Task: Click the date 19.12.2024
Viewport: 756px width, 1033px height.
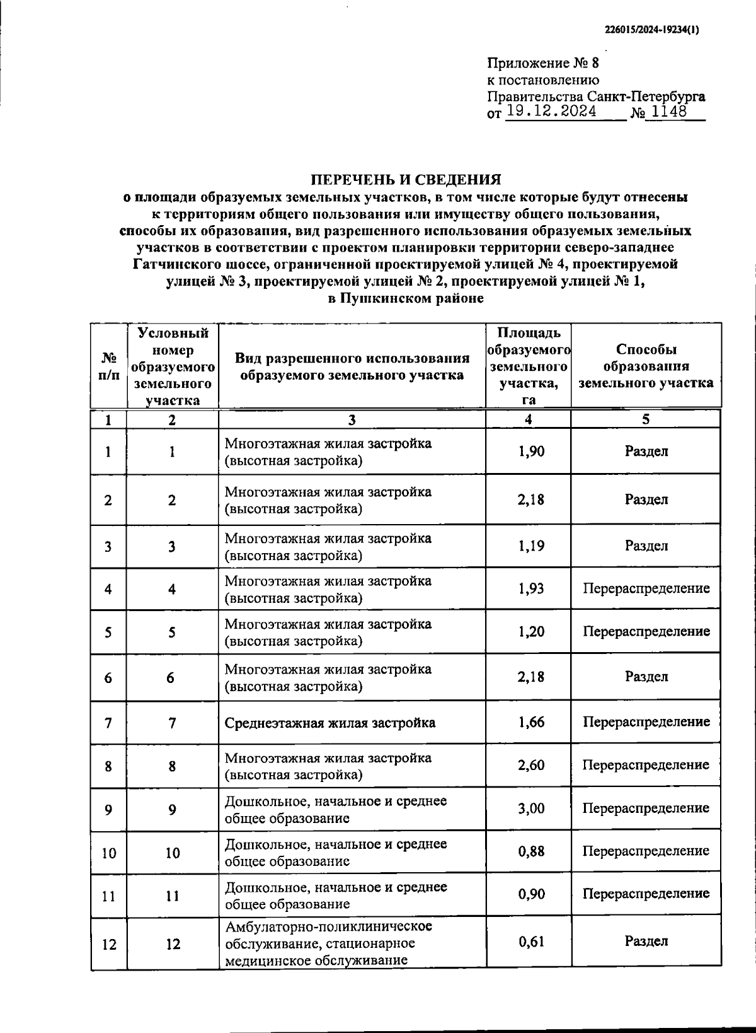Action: (x=551, y=113)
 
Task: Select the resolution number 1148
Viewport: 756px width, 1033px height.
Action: (x=668, y=113)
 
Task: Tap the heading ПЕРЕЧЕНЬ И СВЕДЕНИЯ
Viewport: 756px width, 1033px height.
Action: (x=407, y=180)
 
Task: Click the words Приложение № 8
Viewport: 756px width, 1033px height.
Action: (x=544, y=63)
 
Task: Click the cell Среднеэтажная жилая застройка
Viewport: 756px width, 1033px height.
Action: (x=329, y=723)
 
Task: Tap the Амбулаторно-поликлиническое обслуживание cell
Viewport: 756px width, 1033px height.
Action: (x=328, y=943)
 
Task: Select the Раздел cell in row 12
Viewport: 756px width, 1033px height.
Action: (x=646, y=942)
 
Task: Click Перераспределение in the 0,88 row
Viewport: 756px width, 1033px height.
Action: (x=646, y=851)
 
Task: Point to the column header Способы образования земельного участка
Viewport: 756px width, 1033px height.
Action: (x=646, y=366)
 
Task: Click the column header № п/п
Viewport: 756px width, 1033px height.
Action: (x=109, y=366)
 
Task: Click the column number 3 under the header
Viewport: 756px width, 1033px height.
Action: (x=352, y=420)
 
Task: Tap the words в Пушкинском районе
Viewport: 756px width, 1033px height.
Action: (x=406, y=298)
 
